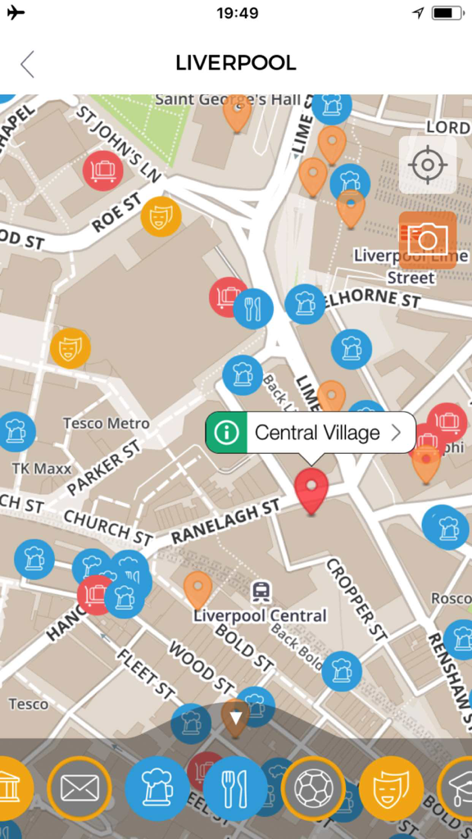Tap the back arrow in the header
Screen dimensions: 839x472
coord(28,64)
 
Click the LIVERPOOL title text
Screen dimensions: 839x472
coord(236,63)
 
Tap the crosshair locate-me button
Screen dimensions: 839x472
coord(427,165)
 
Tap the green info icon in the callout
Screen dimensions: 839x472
coord(227,433)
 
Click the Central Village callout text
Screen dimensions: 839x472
coord(317,433)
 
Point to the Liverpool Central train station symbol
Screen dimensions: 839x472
coord(261,590)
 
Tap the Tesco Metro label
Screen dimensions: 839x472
coord(107,424)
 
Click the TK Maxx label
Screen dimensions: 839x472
coord(42,469)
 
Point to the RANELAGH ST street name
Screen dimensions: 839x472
coord(225,522)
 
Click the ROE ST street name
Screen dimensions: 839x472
coord(116,213)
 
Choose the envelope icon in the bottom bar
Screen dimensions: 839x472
coord(79,788)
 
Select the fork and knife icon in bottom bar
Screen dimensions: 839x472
coord(235,788)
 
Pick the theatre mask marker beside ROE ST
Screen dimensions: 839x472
coord(161,216)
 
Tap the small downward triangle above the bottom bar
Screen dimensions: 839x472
coord(236,718)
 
